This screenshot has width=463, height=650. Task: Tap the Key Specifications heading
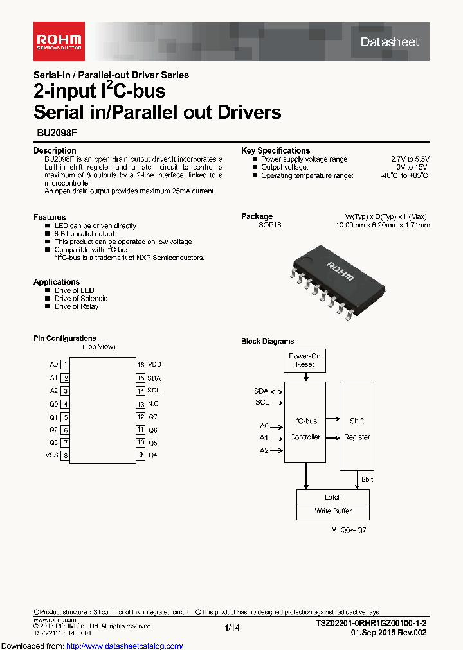(275, 150)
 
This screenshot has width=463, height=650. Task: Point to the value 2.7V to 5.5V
(410, 159)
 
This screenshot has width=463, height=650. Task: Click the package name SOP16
(270, 225)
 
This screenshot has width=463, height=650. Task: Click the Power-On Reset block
(305, 360)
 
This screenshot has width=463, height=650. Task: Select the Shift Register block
(356, 428)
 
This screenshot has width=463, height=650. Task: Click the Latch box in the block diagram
(333, 497)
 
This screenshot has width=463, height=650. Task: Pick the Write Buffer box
(333, 511)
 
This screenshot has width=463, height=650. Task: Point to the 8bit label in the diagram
(367, 479)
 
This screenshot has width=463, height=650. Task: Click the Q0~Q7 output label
(353, 531)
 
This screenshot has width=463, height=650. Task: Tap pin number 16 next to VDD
(140, 364)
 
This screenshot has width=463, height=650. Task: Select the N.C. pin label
(154, 404)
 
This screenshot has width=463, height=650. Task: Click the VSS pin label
(51, 455)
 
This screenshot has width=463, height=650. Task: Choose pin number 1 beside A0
(66, 364)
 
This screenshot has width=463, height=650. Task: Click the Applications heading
(57, 282)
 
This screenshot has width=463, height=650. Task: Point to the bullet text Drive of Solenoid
(81, 299)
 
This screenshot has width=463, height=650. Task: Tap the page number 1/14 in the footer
(232, 628)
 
